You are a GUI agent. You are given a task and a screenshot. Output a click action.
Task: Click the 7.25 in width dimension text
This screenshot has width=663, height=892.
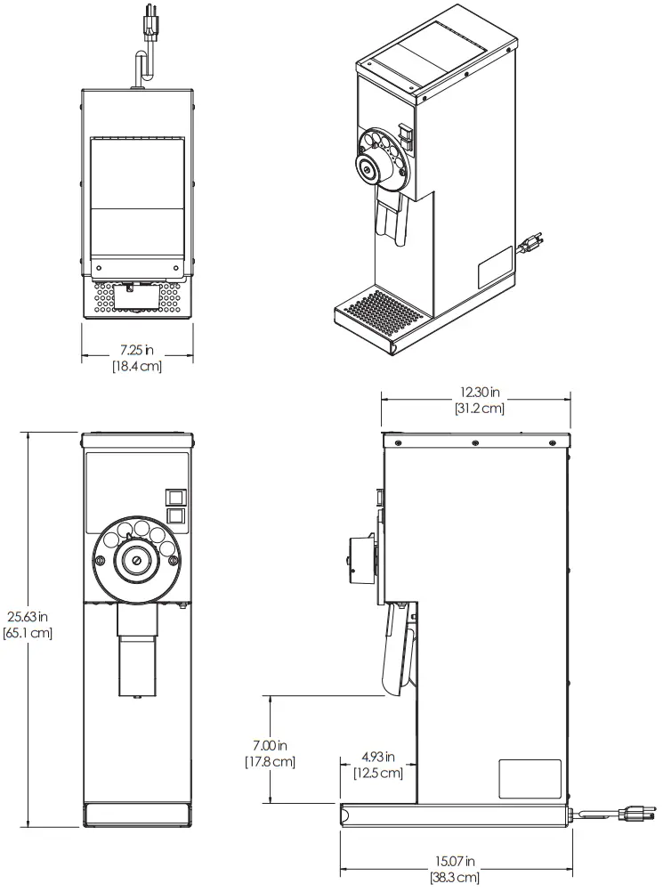(x=136, y=351)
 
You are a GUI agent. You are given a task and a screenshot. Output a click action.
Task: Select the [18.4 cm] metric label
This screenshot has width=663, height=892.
(x=136, y=366)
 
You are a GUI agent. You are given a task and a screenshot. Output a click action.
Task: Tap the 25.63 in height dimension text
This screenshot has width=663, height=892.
(x=28, y=617)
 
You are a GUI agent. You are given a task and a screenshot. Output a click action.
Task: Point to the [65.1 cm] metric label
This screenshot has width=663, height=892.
(x=28, y=633)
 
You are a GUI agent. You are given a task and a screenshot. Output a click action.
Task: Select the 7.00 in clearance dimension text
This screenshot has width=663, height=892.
(x=270, y=745)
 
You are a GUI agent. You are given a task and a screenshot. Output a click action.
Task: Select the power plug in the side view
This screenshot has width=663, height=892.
(x=633, y=812)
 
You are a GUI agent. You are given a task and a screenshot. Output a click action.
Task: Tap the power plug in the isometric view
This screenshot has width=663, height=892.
(x=531, y=243)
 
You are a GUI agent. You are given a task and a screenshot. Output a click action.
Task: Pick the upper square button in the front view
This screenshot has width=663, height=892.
(x=175, y=498)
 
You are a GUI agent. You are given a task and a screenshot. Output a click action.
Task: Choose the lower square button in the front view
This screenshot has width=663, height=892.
(x=175, y=515)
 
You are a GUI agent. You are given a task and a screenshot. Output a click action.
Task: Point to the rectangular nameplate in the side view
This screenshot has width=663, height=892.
(x=530, y=778)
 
